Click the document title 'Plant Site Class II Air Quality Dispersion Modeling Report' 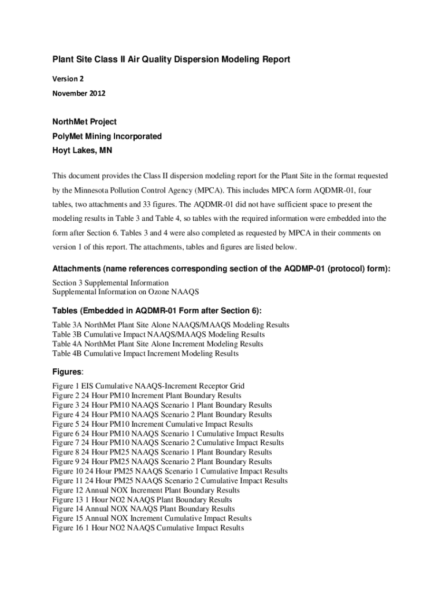(x=171, y=60)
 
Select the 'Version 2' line (x=68, y=78)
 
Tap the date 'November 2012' (x=79, y=93)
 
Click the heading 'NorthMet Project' (x=84, y=122)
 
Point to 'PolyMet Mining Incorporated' (x=107, y=136)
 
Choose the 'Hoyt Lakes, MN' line (x=82, y=150)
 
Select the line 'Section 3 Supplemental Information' (x=110, y=283)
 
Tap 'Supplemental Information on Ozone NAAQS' (x=125, y=292)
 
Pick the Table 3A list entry (x=170, y=325)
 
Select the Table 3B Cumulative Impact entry (x=158, y=334)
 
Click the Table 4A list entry (x=158, y=344)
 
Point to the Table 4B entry (x=145, y=353)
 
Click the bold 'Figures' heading (x=68, y=372)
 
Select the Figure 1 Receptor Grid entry (x=148, y=386)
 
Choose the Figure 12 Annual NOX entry (x=146, y=490)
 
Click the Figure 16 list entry (x=148, y=528)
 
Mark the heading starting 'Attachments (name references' (x=221, y=269)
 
